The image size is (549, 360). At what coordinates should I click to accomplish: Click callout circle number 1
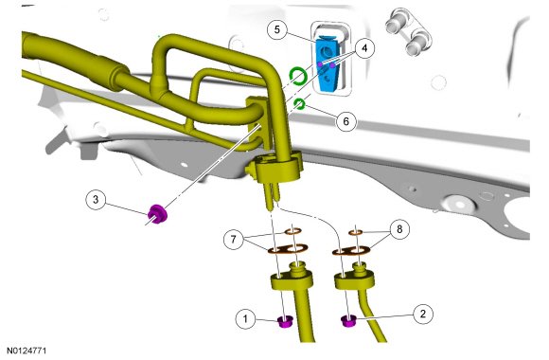point(245,318)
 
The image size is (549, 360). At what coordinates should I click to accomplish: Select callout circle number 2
point(423,314)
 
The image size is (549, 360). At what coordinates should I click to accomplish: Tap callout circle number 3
point(96,200)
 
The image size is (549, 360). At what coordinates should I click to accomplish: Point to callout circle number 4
point(364,47)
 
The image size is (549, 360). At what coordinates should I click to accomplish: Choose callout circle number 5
point(277,29)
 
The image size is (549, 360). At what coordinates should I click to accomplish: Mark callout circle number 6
point(345,121)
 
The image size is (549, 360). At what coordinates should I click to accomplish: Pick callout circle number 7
point(234,240)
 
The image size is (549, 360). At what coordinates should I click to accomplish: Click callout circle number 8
point(399,229)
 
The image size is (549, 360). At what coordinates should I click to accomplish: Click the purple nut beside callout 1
point(285,321)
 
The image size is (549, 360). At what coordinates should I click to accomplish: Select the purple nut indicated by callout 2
point(348,321)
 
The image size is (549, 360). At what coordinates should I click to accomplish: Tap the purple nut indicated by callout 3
point(157,214)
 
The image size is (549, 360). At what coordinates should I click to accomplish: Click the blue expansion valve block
point(328,64)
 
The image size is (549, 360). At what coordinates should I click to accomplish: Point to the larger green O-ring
point(298,76)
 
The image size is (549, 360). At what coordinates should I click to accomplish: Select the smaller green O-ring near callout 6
point(299,104)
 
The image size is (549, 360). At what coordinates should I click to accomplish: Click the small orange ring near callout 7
point(292,231)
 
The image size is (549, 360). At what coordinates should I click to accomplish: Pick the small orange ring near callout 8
point(356,232)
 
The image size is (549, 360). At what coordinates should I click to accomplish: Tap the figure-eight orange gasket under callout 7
point(288,249)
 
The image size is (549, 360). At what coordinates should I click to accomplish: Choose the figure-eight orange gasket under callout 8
point(351,251)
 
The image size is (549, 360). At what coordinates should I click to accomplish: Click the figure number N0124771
point(27,351)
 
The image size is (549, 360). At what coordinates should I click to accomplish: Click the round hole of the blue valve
point(326,52)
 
